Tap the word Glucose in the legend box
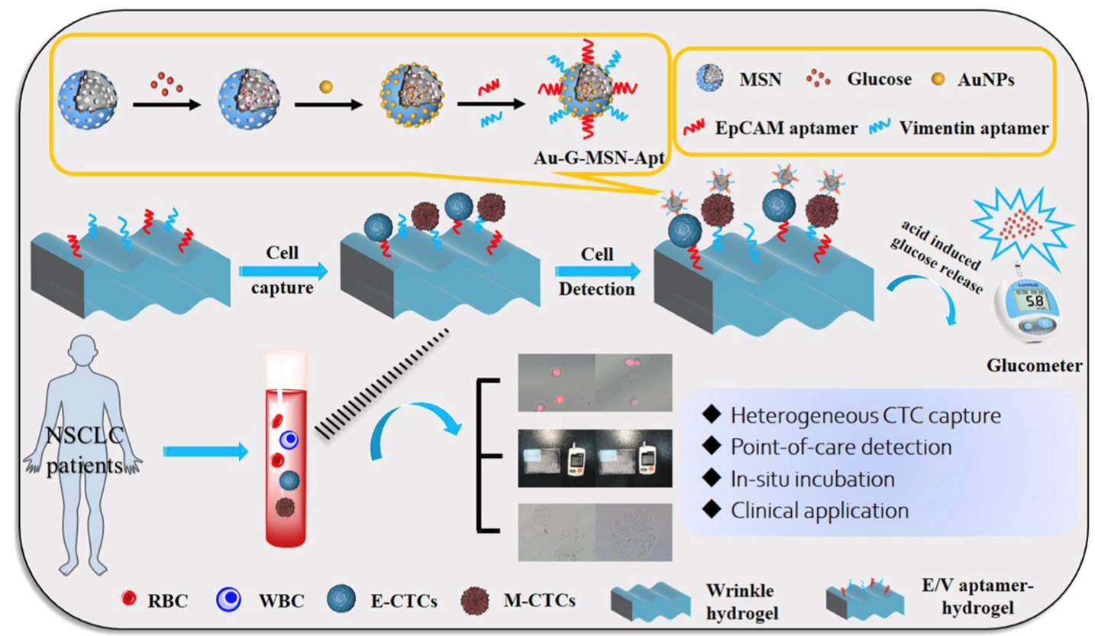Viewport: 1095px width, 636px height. click(x=879, y=79)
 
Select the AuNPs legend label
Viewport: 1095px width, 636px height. click(x=985, y=79)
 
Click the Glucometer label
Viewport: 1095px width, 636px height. click(x=1034, y=365)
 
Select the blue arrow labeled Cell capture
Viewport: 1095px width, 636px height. click(x=282, y=271)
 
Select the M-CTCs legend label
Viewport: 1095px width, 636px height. click(x=539, y=600)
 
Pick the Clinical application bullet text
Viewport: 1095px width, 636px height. click(x=819, y=510)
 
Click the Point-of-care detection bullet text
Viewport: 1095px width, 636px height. click(x=841, y=446)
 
